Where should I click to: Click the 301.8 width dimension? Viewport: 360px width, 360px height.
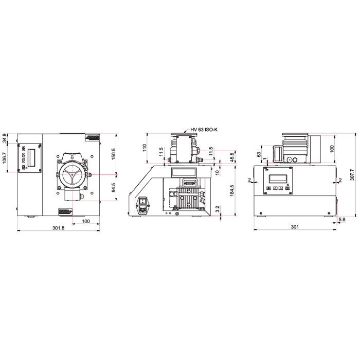[59, 228]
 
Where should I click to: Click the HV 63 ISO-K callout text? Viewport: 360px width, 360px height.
[204, 130]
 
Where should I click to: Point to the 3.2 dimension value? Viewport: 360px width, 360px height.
[218, 208]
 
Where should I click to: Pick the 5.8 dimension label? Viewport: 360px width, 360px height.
[342, 221]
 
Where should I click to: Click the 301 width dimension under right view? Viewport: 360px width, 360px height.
[295, 227]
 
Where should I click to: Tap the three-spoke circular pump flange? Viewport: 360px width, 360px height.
[73, 175]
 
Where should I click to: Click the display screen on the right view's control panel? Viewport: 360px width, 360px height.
[277, 178]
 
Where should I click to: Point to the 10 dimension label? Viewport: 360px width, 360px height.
[218, 172]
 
